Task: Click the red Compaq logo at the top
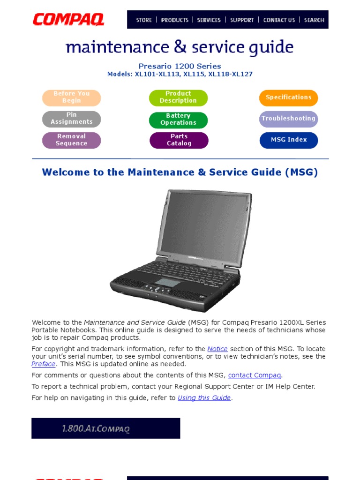(x=68, y=20)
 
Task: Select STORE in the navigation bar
(x=143, y=20)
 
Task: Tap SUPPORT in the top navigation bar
(x=242, y=20)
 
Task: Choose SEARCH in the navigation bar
(x=314, y=20)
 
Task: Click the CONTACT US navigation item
(x=279, y=20)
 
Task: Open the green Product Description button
(x=178, y=97)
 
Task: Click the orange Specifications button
(x=288, y=97)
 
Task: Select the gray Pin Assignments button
(x=72, y=119)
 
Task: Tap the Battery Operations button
(x=178, y=120)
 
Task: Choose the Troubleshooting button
(x=288, y=119)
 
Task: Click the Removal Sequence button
(x=72, y=140)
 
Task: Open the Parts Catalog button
(x=179, y=140)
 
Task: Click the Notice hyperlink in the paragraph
(x=217, y=349)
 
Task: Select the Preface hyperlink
(x=43, y=364)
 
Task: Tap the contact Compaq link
(x=255, y=375)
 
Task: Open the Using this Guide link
(x=204, y=397)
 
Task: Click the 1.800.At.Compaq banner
(x=105, y=428)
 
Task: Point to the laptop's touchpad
(x=168, y=282)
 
